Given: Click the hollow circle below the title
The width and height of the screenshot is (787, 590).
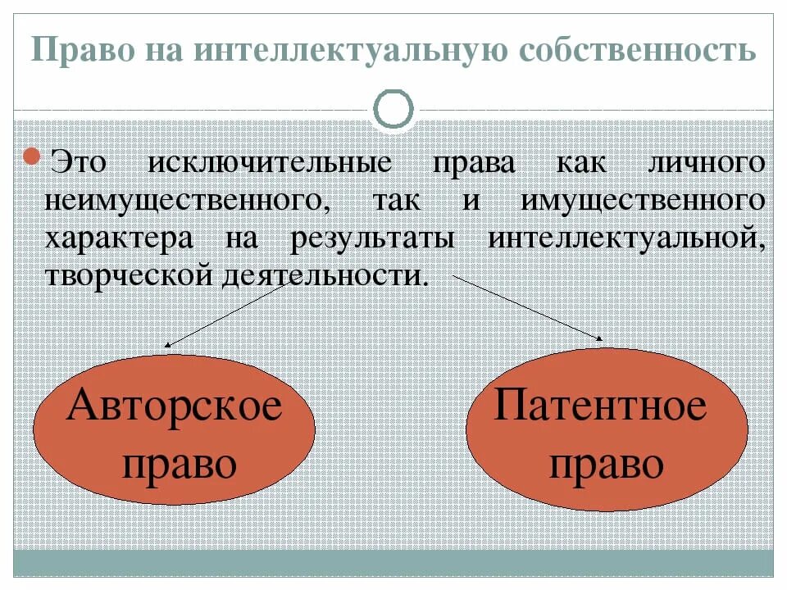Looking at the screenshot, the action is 393,109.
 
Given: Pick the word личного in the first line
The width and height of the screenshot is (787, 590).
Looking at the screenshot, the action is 706,162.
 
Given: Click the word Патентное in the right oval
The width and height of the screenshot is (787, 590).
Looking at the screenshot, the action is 599,405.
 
